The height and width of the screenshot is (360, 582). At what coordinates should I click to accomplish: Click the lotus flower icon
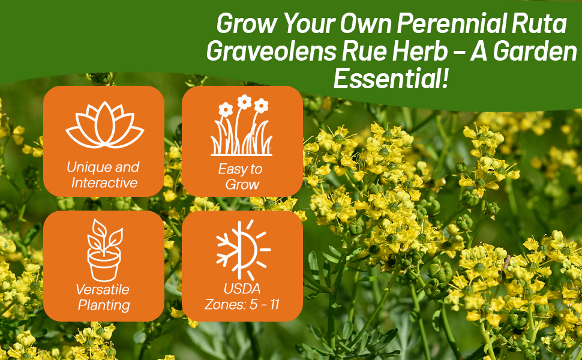pos(103,125)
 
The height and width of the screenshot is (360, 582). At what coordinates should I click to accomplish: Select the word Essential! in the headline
pos(391,79)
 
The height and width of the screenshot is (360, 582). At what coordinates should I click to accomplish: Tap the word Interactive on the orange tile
pos(104,183)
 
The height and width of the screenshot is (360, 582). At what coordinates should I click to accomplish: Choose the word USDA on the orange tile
pos(242,289)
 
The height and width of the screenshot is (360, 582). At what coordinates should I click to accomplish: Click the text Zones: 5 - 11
pos(242,304)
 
